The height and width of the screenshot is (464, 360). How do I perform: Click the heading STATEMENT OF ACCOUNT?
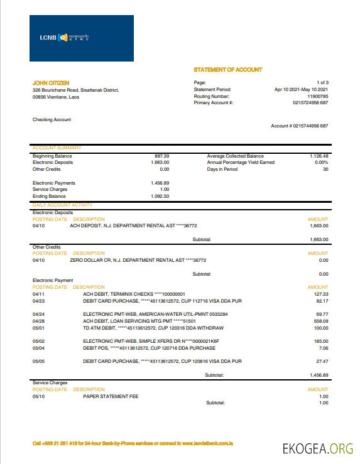(x=228, y=70)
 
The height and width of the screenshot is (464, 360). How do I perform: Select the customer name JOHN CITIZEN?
(x=51, y=83)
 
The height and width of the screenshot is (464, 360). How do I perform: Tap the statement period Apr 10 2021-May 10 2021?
(x=302, y=90)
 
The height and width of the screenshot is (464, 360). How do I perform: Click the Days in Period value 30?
(x=325, y=169)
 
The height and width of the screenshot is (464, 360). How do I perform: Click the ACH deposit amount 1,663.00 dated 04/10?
(x=319, y=225)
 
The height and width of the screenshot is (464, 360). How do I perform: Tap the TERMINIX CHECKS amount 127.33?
(x=321, y=293)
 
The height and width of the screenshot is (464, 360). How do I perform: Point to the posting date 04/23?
(x=39, y=300)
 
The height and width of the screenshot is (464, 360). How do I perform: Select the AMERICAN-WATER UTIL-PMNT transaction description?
(x=155, y=313)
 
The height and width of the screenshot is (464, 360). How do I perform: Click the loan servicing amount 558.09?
(x=321, y=320)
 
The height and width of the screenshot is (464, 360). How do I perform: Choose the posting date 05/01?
(x=39, y=327)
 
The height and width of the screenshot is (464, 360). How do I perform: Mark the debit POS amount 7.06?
(x=324, y=347)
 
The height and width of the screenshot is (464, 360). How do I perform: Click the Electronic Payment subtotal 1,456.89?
(x=319, y=375)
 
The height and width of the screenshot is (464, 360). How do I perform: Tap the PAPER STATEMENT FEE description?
(x=111, y=396)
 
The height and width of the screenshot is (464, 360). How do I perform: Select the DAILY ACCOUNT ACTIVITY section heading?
(x=62, y=205)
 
